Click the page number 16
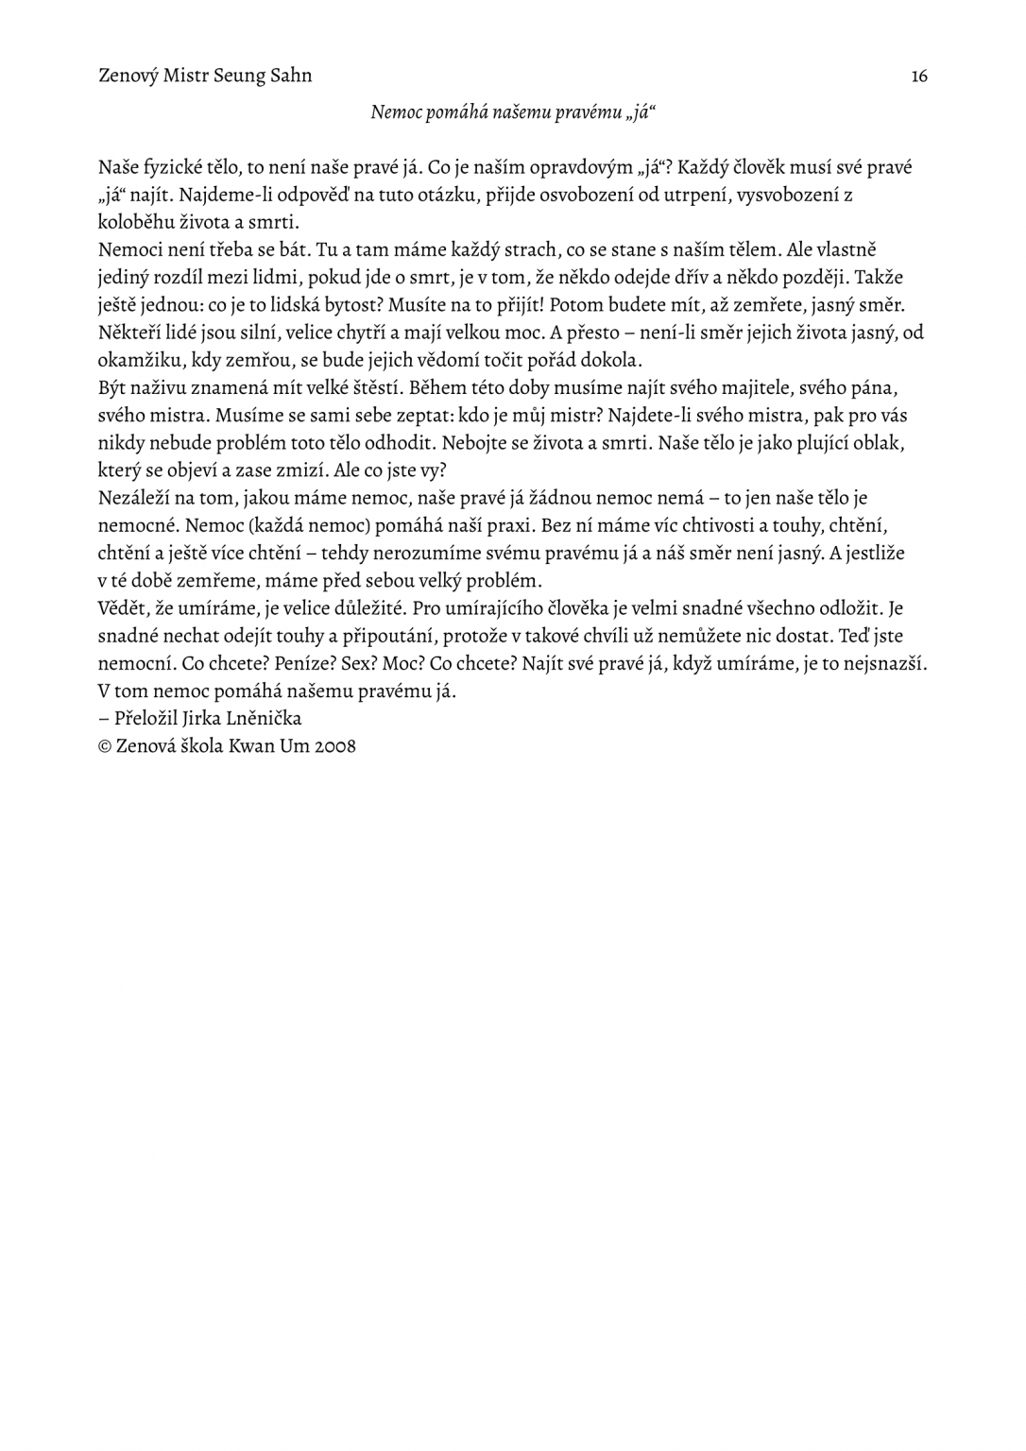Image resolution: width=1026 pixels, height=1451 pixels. click(x=918, y=77)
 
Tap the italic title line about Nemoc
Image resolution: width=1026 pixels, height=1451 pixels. click(x=513, y=112)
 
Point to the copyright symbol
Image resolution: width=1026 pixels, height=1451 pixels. click(x=105, y=746)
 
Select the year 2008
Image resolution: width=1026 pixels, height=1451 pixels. click(x=335, y=746)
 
